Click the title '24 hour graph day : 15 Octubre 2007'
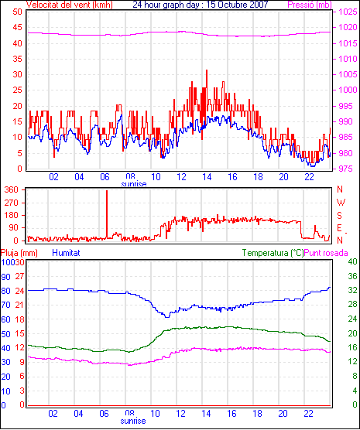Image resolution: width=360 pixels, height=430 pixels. [201, 5]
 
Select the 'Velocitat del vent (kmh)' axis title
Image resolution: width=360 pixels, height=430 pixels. [69, 5]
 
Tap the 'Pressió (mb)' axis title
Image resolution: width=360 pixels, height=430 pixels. [310, 5]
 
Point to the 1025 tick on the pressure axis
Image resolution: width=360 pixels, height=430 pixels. [348, 12]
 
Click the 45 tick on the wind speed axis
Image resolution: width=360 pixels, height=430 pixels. [17, 27]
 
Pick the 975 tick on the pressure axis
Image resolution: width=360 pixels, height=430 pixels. [348, 169]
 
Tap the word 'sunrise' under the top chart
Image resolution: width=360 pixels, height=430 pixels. [134, 184]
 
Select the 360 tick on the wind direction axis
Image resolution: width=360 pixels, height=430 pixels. [12, 189]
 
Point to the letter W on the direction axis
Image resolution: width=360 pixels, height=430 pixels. [341, 203]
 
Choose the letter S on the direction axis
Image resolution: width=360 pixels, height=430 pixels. [340, 216]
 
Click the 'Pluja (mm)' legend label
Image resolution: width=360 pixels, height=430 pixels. [19, 253]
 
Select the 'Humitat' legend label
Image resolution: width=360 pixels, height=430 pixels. [66, 253]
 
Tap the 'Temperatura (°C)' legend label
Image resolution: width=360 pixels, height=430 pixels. [273, 253]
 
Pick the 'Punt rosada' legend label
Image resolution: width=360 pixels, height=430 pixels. [326, 253]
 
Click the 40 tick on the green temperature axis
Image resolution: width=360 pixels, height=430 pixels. [352, 261]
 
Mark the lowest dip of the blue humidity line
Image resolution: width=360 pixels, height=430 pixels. [166, 317]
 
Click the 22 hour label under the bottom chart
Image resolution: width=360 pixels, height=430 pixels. [308, 413]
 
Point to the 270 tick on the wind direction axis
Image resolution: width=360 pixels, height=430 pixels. [12, 203]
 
